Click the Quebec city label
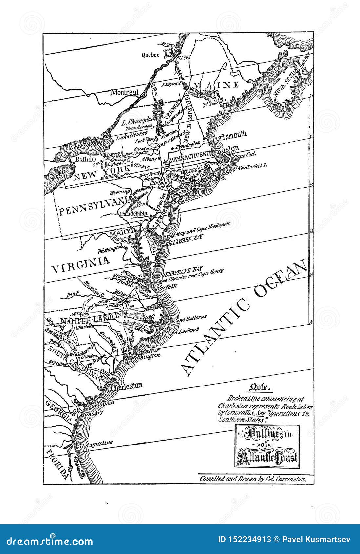(150, 55)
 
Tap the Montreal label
(124, 93)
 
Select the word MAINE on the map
(216, 85)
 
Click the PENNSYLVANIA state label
(95, 210)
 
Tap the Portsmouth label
(229, 134)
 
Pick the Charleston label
(127, 385)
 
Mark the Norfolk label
(167, 286)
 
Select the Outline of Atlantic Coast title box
(266, 446)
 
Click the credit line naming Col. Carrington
(253, 479)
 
